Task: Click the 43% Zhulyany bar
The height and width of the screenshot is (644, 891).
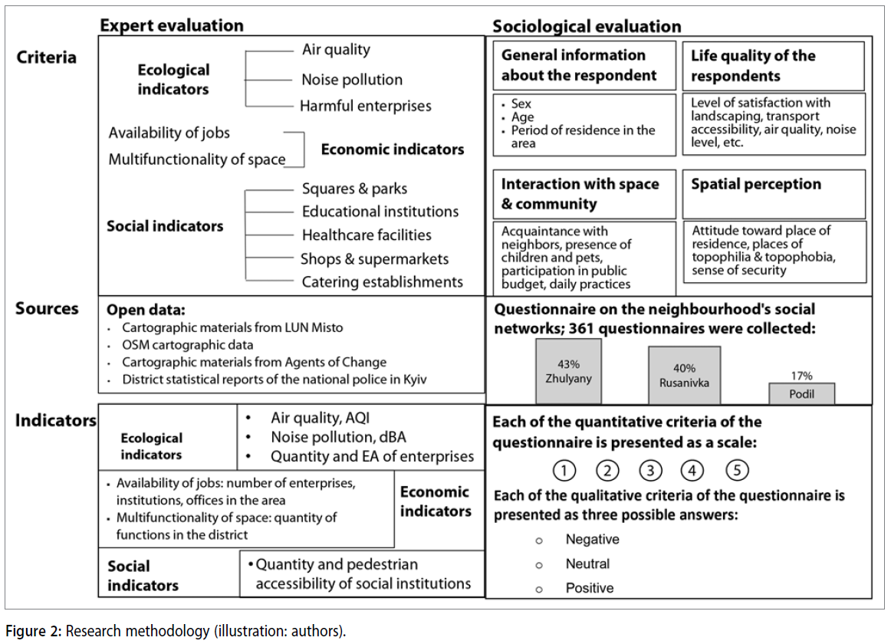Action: [x=568, y=371]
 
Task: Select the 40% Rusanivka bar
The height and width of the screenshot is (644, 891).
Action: [x=684, y=375]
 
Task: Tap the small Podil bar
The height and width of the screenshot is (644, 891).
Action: [x=801, y=393]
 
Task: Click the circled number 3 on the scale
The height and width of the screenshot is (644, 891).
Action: [x=650, y=470]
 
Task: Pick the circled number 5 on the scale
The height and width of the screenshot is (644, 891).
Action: [x=737, y=470]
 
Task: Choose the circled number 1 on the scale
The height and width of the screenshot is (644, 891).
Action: [x=564, y=470]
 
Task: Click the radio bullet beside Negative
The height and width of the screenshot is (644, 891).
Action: [x=539, y=540]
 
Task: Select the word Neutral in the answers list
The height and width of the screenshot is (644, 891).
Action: [x=587, y=563]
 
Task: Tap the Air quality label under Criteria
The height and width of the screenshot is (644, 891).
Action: [x=335, y=50]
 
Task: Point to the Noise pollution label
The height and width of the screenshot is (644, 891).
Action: [x=351, y=79]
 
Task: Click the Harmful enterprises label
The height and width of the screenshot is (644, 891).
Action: [x=365, y=106]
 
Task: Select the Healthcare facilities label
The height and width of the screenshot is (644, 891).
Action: [x=367, y=235]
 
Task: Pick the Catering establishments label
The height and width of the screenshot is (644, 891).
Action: [x=382, y=282]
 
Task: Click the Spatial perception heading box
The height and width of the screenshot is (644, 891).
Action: [x=774, y=194]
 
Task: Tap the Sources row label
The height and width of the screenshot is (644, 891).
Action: [x=47, y=308]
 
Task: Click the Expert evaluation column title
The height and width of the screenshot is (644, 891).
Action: [x=171, y=25]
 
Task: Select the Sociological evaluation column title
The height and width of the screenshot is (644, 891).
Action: [x=587, y=26]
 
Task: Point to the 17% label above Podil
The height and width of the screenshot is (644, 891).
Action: [x=801, y=376]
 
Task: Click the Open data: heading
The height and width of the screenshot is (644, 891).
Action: [x=146, y=310]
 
